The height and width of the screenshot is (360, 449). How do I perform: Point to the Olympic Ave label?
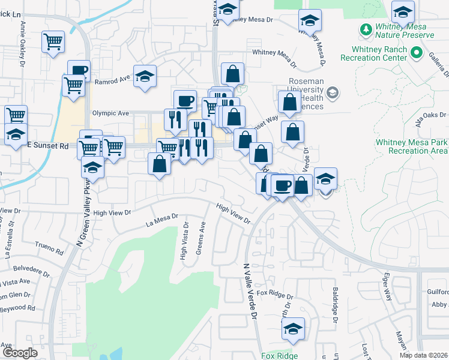(x=110, y=113)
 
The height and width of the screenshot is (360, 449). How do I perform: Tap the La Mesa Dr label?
(x=162, y=220)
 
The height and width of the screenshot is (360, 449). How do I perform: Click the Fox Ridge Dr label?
(x=274, y=295)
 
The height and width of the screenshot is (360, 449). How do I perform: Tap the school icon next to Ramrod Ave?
(x=145, y=76)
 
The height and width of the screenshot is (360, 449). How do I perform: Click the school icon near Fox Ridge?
(x=293, y=328)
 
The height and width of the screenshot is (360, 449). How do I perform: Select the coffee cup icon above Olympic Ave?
(x=185, y=101)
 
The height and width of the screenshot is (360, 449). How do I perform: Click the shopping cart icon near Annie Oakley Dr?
(x=53, y=43)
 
